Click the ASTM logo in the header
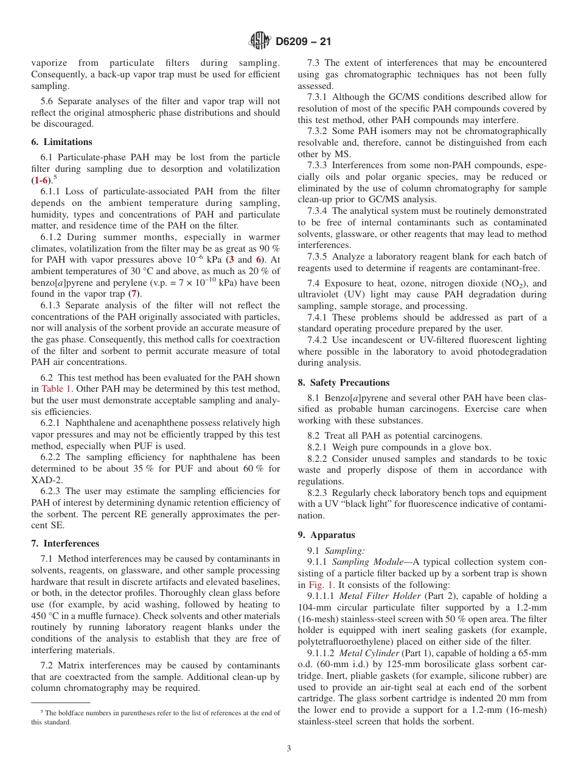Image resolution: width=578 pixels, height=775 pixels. tap(260, 41)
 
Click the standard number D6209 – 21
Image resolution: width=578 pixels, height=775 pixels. tap(303, 42)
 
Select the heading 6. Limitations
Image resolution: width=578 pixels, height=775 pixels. tap(61, 142)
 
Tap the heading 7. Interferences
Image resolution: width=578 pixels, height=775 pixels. tap(65, 543)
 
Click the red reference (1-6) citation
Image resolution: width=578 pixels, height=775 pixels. tap(41, 180)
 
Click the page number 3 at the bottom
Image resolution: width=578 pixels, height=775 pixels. tap(289, 748)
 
